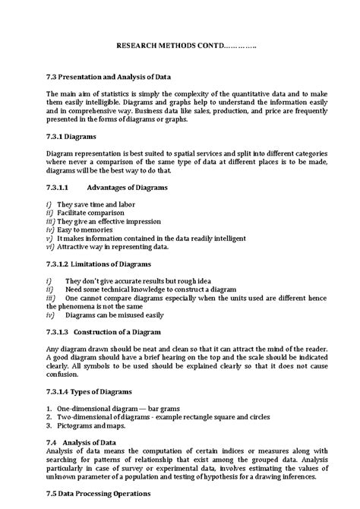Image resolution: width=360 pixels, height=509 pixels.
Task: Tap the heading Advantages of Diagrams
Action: [127, 187]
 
